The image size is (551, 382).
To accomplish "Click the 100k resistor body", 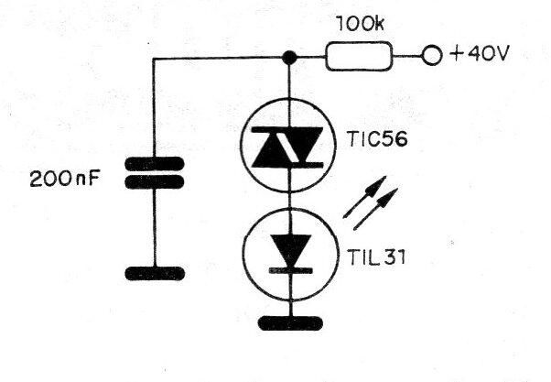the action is (x=359, y=56).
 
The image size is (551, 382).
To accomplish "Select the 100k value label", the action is (x=360, y=24).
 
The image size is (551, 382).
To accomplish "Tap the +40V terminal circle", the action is (x=431, y=56).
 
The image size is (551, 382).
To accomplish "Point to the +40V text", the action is (x=479, y=54).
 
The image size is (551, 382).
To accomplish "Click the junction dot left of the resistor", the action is (x=289, y=58).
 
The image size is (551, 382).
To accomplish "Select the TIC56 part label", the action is (x=377, y=139).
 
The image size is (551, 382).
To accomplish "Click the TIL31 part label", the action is (x=376, y=256).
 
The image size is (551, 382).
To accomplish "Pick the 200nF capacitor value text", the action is (x=65, y=179).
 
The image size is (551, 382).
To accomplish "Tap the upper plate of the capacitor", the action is (x=155, y=164).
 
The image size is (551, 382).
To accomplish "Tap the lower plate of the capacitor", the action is (x=155, y=182).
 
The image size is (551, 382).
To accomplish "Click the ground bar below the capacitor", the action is (x=155, y=273).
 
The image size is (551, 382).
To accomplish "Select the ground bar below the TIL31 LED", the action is (x=291, y=323).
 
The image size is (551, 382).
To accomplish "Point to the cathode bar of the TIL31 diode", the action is (x=291, y=270).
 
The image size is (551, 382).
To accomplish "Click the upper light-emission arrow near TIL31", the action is (x=365, y=197).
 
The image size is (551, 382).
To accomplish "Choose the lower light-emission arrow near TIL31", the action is (x=375, y=209).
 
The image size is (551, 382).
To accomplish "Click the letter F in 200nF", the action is (x=94, y=179).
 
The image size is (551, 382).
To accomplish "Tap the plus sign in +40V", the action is (x=457, y=55).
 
